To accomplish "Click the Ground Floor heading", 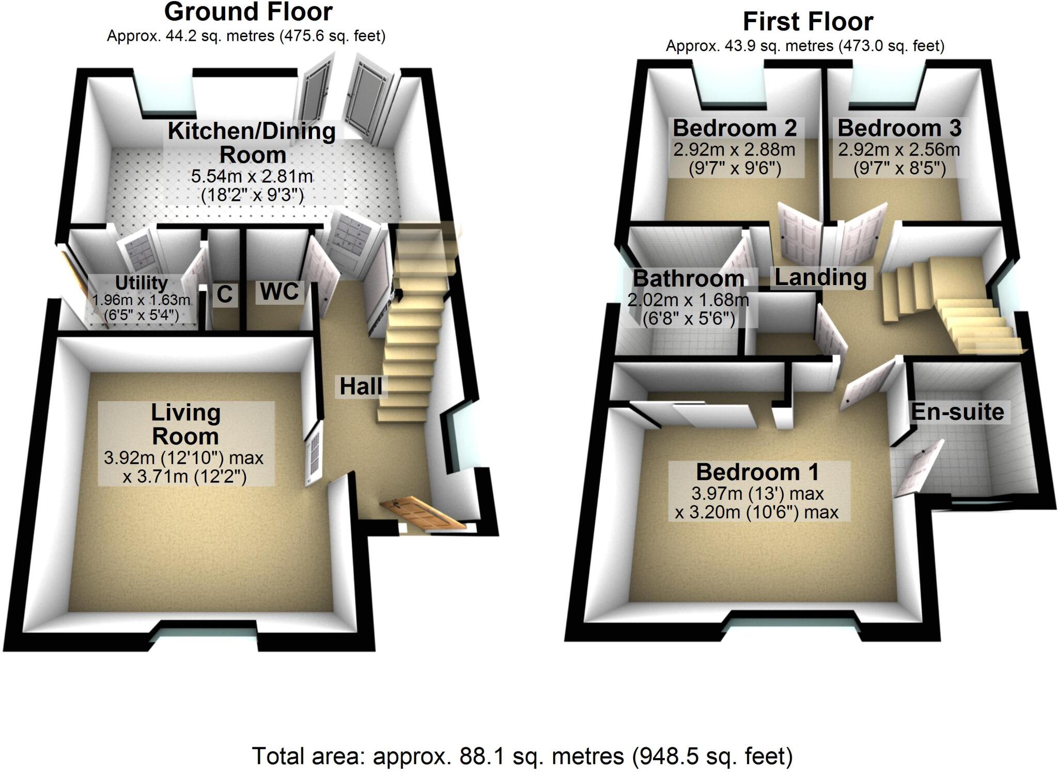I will point(248,12).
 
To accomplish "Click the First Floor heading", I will point(807,22).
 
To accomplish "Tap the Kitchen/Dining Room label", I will point(252,143).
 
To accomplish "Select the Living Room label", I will point(185,424).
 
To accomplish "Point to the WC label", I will point(279,292).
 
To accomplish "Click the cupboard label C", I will point(224,294).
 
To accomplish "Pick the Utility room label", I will point(141,283).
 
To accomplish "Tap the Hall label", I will point(361,386).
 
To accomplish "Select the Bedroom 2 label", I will point(734,128).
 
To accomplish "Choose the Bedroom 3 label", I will point(899,128).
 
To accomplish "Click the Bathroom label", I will point(689,279).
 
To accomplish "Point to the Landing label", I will point(820,277).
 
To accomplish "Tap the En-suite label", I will point(957,412).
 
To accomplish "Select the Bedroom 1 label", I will point(757,472).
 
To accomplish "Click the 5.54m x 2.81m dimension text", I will point(252,177).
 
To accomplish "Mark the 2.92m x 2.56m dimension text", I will point(899,150).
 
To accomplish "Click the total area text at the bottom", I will point(522,757).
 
